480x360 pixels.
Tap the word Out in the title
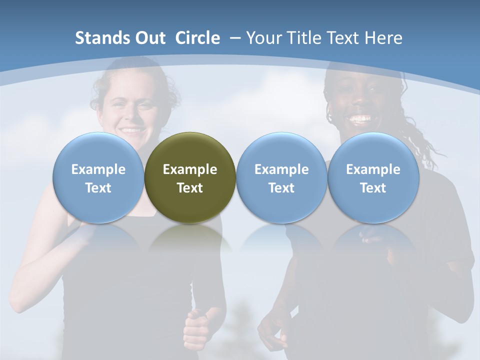[148, 38]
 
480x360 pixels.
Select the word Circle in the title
[197, 38]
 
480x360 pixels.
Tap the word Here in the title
[383, 38]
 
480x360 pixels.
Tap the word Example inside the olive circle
[190, 169]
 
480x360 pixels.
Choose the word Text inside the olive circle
[190, 188]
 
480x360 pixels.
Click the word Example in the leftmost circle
[98, 169]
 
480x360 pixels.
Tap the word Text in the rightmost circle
[373, 188]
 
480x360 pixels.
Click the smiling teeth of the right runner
[360, 119]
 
